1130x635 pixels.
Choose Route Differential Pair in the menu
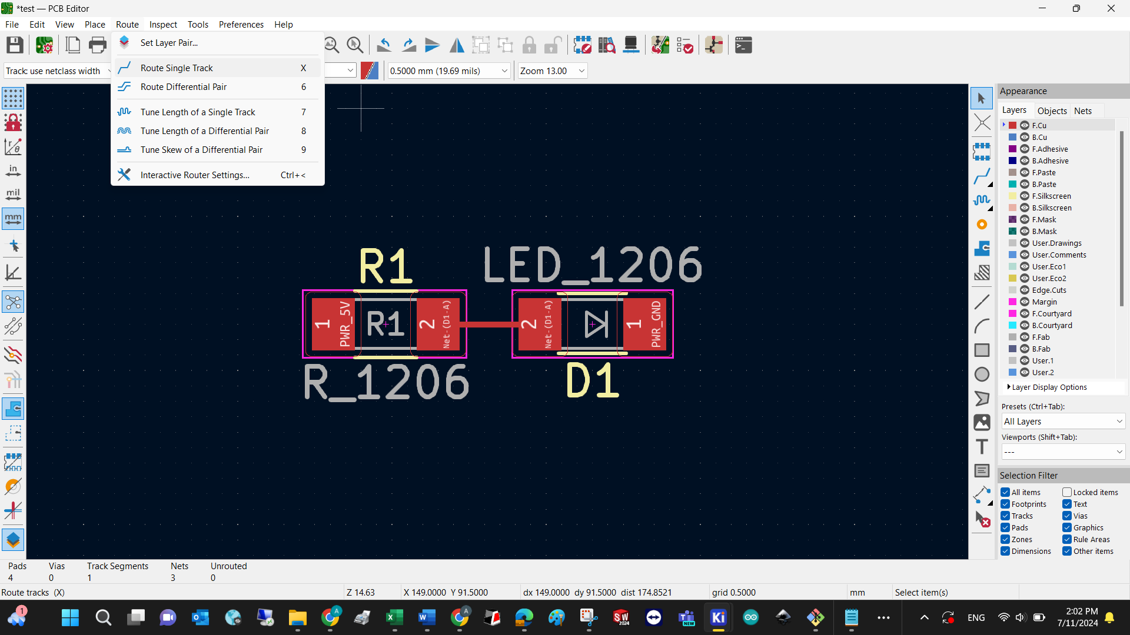click(184, 87)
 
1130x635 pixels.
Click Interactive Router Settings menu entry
click(195, 175)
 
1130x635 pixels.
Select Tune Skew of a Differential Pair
click(201, 150)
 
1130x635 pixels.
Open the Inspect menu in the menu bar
click(163, 24)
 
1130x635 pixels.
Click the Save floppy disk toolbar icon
click(15, 45)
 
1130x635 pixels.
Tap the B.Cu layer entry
click(1039, 137)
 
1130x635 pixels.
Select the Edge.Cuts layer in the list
click(1049, 290)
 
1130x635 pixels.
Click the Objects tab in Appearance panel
click(1052, 111)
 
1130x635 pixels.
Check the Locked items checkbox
click(1067, 492)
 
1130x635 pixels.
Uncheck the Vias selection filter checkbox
click(1067, 516)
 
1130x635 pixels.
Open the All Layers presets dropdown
click(1063, 422)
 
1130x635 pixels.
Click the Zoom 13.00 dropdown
click(552, 71)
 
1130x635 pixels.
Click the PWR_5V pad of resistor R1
click(333, 324)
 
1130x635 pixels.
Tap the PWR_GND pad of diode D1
click(645, 324)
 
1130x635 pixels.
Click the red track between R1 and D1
click(489, 324)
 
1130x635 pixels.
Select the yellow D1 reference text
click(592, 381)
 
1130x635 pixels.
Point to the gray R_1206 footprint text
click(386, 382)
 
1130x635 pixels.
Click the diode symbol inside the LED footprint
click(596, 324)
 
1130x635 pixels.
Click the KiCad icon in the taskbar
click(718, 617)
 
